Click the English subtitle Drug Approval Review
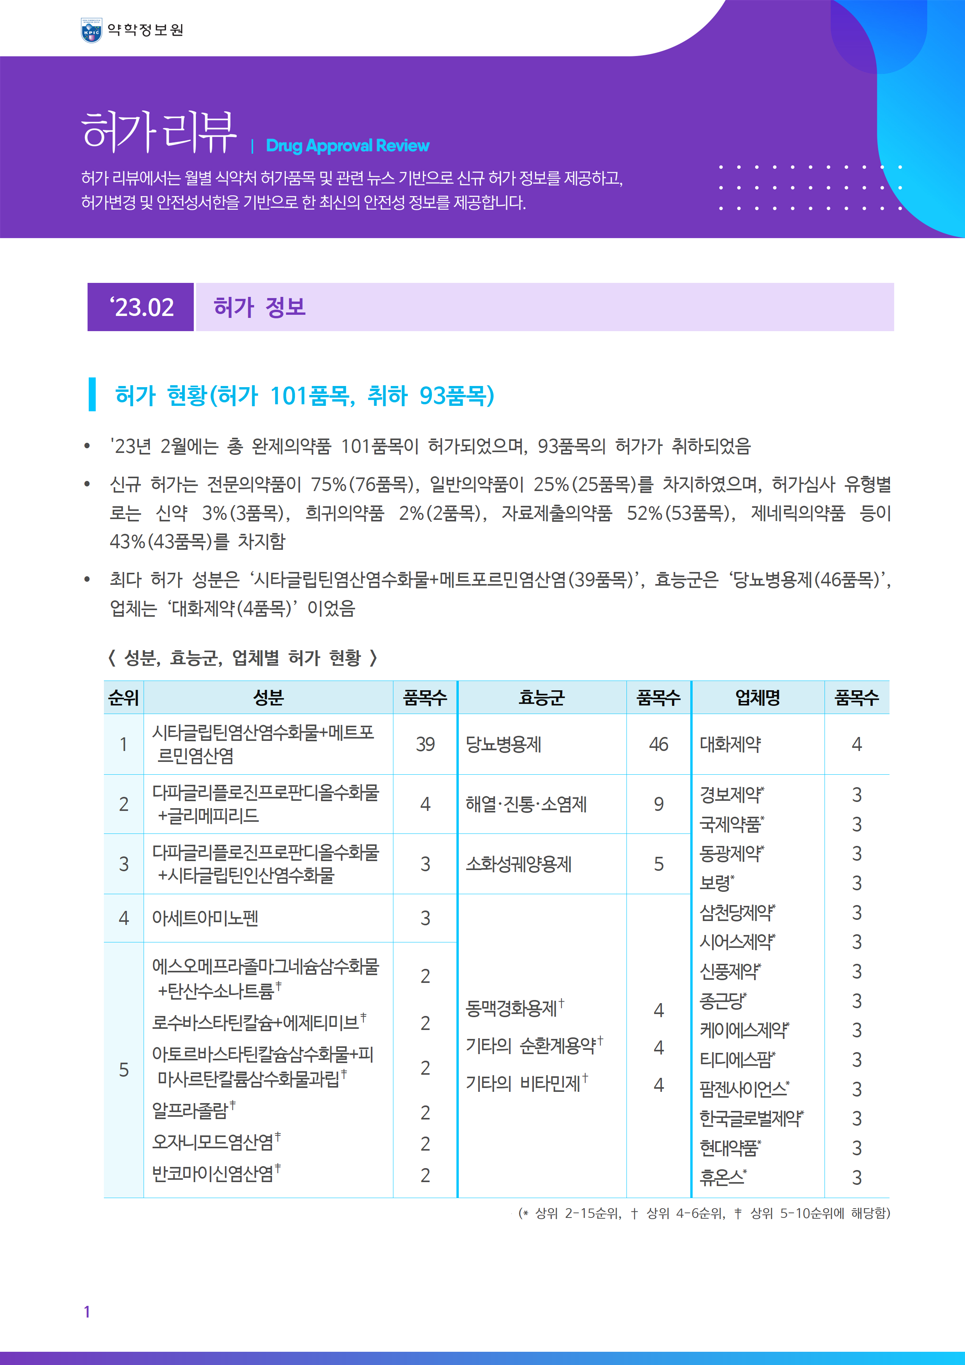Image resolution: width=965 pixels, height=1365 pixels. pyautogui.click(x=347, y=146)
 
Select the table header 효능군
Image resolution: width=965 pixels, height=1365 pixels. pyautogui.click(x=541, y=697)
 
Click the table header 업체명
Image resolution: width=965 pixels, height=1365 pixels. pyautogui.click(x=758, y=697)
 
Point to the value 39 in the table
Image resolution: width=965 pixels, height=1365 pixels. pyautogui.click(x=425, y=744)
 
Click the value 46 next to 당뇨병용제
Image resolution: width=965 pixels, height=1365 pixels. pyautogui.click(x=658, y=744)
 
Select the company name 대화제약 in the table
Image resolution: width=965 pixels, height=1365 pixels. pyautogui.click(x=730, y=744)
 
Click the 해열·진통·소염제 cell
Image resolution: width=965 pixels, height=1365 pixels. pyautogui.click(x=526, y=804)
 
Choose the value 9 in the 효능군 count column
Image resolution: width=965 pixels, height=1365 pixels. pyautogui.click(x=658, y=804)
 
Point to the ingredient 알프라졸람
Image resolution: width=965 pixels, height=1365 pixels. pyautogui.click(x=190, y=1111)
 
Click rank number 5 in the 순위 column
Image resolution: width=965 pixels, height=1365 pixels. pyautogui.click(x=124, y=1070)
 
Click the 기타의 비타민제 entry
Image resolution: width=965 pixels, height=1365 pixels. pyautogui.click(x=523, y=1084)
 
